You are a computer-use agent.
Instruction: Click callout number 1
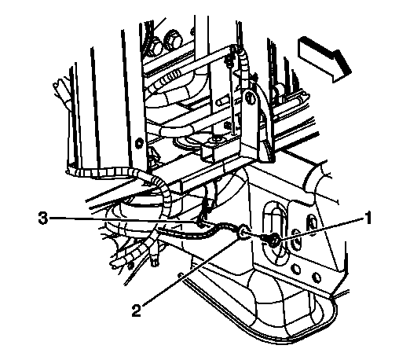coord(368,218)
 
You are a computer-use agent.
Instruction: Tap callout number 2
coord(137,310)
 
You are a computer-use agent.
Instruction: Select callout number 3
coord(43,219)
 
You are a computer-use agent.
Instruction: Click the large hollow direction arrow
coord(324,59)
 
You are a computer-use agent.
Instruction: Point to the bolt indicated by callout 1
coord(273,240)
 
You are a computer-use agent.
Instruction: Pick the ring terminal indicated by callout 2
coord(243,232)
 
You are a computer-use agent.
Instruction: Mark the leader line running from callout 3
coord(124,220)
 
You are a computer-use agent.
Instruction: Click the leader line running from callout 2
coord(190,272)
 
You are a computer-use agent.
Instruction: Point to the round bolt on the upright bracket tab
coord(251,98)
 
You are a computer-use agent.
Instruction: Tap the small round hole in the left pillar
coord(139,143)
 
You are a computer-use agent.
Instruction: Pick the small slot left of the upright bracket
coord(223,101)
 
